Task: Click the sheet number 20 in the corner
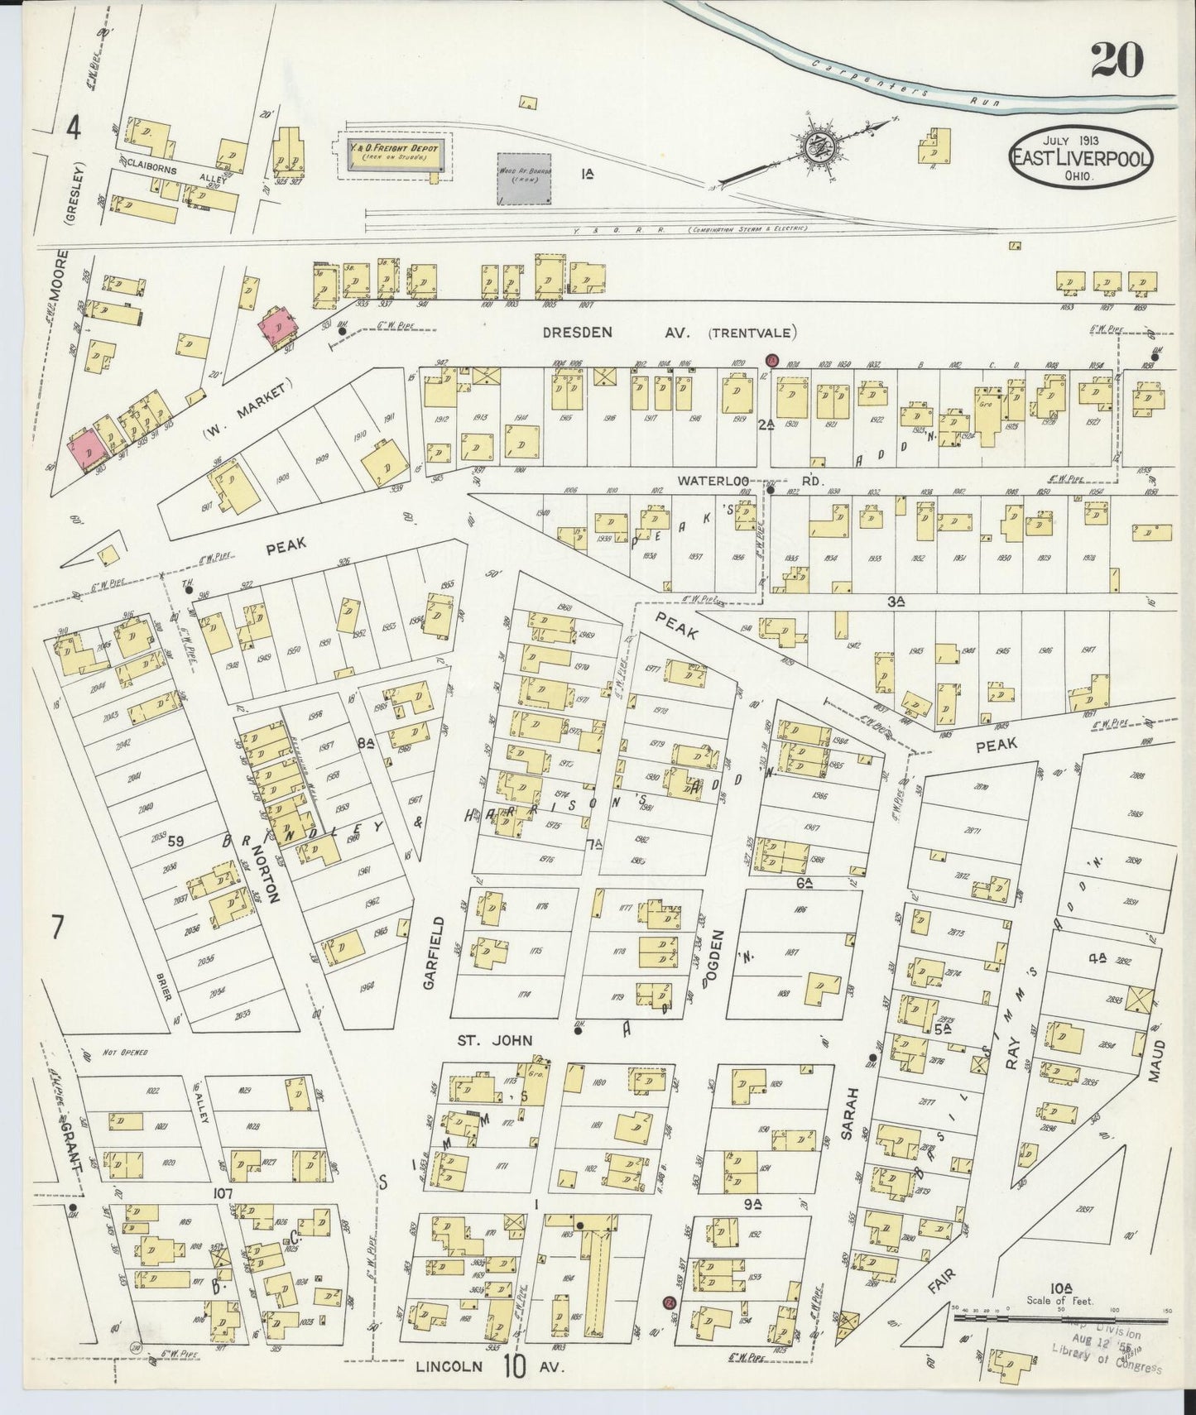(x=1117, y=60)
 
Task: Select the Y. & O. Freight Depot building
(x=392, y=156)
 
